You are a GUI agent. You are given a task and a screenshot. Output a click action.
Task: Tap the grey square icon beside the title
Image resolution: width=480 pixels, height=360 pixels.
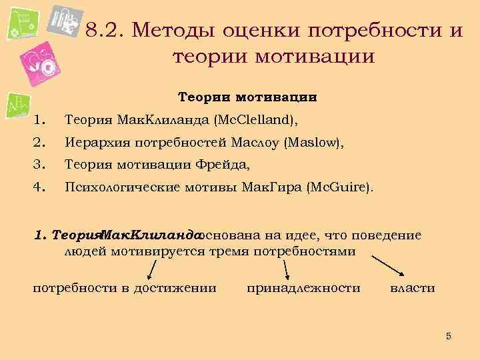point(65,23)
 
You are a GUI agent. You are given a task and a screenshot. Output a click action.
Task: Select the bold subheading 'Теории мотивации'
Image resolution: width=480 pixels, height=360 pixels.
point(247,97)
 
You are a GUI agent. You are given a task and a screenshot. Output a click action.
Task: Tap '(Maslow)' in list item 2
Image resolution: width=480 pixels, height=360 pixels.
point(306,141)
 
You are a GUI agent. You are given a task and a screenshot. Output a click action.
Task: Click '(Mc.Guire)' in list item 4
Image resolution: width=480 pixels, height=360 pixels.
point(338,187)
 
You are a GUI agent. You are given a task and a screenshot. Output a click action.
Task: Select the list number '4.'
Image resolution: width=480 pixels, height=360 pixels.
point(39,187)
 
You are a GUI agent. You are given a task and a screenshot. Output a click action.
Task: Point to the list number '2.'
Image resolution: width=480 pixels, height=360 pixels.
point(39,141)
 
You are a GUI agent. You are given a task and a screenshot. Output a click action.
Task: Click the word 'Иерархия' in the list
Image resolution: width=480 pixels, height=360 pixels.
point(91,141)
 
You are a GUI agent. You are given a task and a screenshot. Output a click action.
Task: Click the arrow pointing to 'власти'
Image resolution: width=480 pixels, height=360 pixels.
point(390,265)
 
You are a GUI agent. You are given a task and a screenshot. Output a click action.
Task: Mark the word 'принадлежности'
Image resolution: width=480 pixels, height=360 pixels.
point(303,288)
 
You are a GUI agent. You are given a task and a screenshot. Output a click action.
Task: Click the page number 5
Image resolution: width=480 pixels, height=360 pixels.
point(449,336)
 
